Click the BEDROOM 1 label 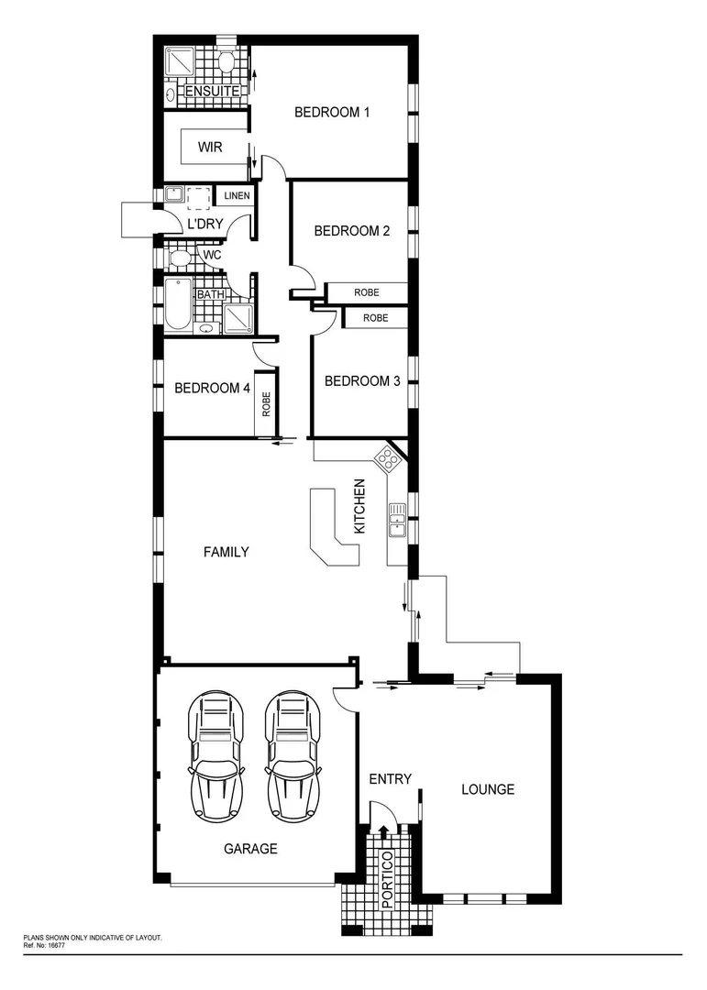[331, 113]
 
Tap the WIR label [210, 147]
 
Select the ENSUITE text [213, 92]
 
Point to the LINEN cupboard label [237, 196]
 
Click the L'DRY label [205, 224]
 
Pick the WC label [212, 255]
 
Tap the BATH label [210, 294]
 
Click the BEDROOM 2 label [352, 231]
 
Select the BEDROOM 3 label [362, 381]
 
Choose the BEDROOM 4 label [213, 388]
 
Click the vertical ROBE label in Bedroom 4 [267, 404]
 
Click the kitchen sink [397, 519]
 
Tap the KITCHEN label [360, 507]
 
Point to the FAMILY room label [226, 552]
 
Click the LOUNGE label [488, 789]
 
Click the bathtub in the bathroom [179, 305]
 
